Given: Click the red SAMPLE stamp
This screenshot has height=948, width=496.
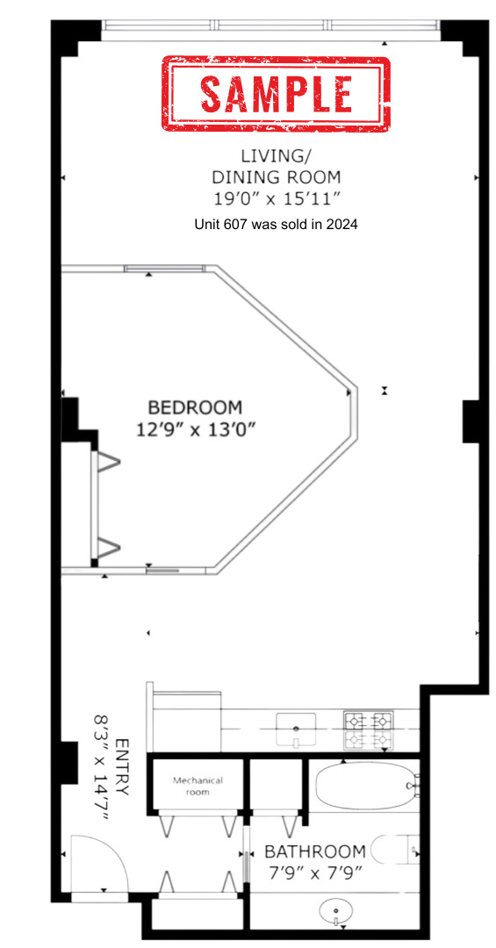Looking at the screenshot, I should pos(275,93).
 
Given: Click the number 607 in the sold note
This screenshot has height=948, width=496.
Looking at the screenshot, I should pos(242,225).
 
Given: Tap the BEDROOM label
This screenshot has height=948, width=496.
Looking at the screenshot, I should pos(194,407).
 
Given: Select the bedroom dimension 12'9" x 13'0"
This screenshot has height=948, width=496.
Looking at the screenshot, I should pos(201,429).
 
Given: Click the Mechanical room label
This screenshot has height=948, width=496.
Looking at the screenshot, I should pos(198,786).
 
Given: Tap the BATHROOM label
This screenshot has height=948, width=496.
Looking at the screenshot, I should pos(315,851).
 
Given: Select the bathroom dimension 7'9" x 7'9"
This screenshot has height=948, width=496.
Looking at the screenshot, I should pos(314,873).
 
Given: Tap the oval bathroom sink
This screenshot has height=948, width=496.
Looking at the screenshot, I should pos(337,911).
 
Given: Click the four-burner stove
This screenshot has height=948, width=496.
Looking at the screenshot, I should pos(369,730).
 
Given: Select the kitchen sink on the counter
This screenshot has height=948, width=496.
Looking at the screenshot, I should pos(297,727).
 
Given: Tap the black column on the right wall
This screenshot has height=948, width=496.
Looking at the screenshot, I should pos(469,420).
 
